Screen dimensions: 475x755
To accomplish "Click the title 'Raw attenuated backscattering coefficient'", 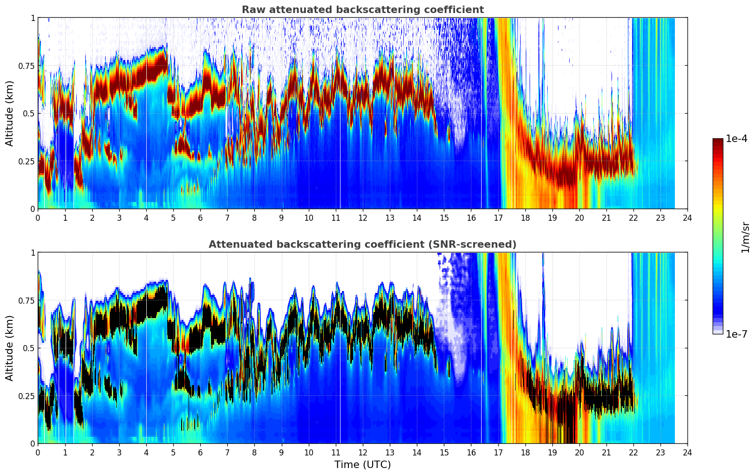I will pyautogui.click(x=362, y=10).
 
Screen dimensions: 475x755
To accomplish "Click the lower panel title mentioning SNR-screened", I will pyautogui.click(x=362, y=244).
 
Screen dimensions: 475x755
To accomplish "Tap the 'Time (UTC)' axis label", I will pyautogui.click(x=362, y=465).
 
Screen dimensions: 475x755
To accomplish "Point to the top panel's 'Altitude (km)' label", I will pyautogui.click(x=9, y=113).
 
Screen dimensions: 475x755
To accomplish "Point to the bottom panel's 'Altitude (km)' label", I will pyautogui.click(x=9, y=348).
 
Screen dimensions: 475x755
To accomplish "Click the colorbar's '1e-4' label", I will pyautogui.click(x=736, y=139).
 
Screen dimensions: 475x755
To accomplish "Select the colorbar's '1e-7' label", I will pyautogui.click(x=736, y=334).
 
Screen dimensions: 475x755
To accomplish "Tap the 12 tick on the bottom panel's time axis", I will pyautogui.click(x=363, y=452).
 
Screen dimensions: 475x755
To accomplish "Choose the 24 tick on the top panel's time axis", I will pyautogui.click(x=687, y=217).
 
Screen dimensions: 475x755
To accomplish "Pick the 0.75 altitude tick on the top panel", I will pyautogui.click(x=27, y=66).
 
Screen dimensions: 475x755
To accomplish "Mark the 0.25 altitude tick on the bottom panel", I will pyautogui.click(x=27, y=396).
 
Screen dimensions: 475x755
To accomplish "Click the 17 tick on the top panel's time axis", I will pyautogui.click(x=498, y=217).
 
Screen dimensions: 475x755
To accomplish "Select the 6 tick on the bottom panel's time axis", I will pyautogui.click(x=200, y=452).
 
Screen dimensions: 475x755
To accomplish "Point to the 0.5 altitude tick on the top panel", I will pyautogui.click(x=29, y=113).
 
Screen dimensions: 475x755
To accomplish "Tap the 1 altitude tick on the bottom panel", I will pyautogui.click(x=33, y=252).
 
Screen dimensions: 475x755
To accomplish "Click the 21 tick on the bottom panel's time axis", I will pyautogui.click(x=606, y=452).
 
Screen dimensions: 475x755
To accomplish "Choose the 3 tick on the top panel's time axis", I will pyautogui.click(x=119, y=217).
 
